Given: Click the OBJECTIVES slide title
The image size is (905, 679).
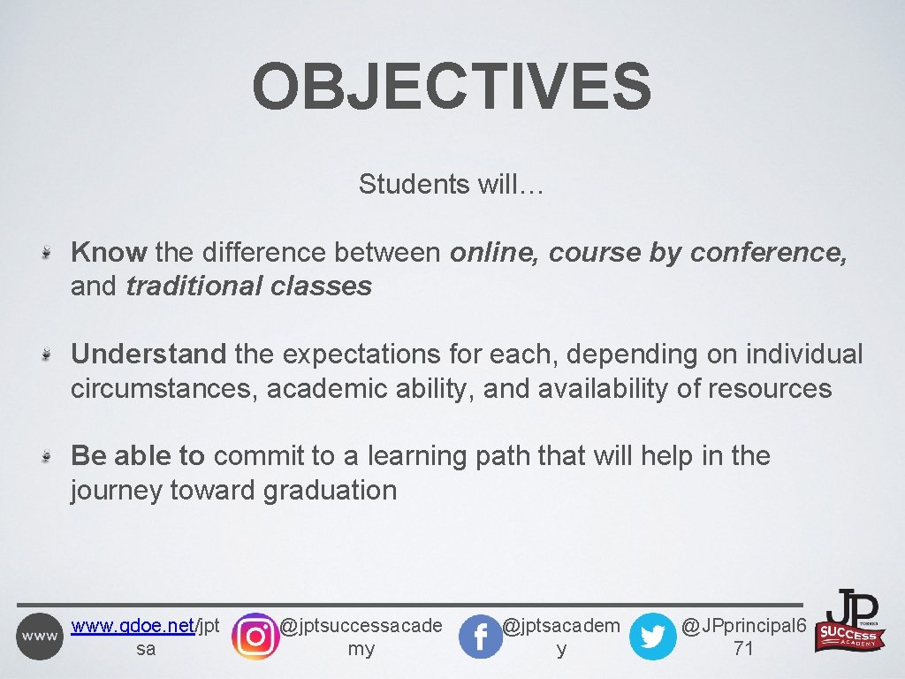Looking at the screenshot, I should [452, 86].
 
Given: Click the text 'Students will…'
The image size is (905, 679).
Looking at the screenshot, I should [452, 185].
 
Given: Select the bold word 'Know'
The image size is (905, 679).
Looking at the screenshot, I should [109, 253].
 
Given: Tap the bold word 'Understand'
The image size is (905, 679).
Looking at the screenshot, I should [148, 355].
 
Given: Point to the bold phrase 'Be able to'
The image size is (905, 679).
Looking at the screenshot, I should [138, 456].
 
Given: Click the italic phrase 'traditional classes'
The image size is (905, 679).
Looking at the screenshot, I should [248, 286].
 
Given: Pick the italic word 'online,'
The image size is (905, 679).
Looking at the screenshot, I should [495, 253].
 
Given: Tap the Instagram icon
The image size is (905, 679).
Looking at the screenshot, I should [255, 636].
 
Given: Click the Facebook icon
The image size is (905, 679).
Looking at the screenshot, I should [480, 637].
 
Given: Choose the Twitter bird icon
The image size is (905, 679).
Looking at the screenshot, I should [652, 637].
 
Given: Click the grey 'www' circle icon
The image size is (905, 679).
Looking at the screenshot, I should [40, 637].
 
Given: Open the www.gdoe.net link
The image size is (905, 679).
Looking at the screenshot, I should [133, 627].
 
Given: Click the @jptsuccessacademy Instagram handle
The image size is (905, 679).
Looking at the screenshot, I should [361, 637].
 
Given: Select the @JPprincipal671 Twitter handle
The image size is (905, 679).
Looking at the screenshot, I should [743, 637].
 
